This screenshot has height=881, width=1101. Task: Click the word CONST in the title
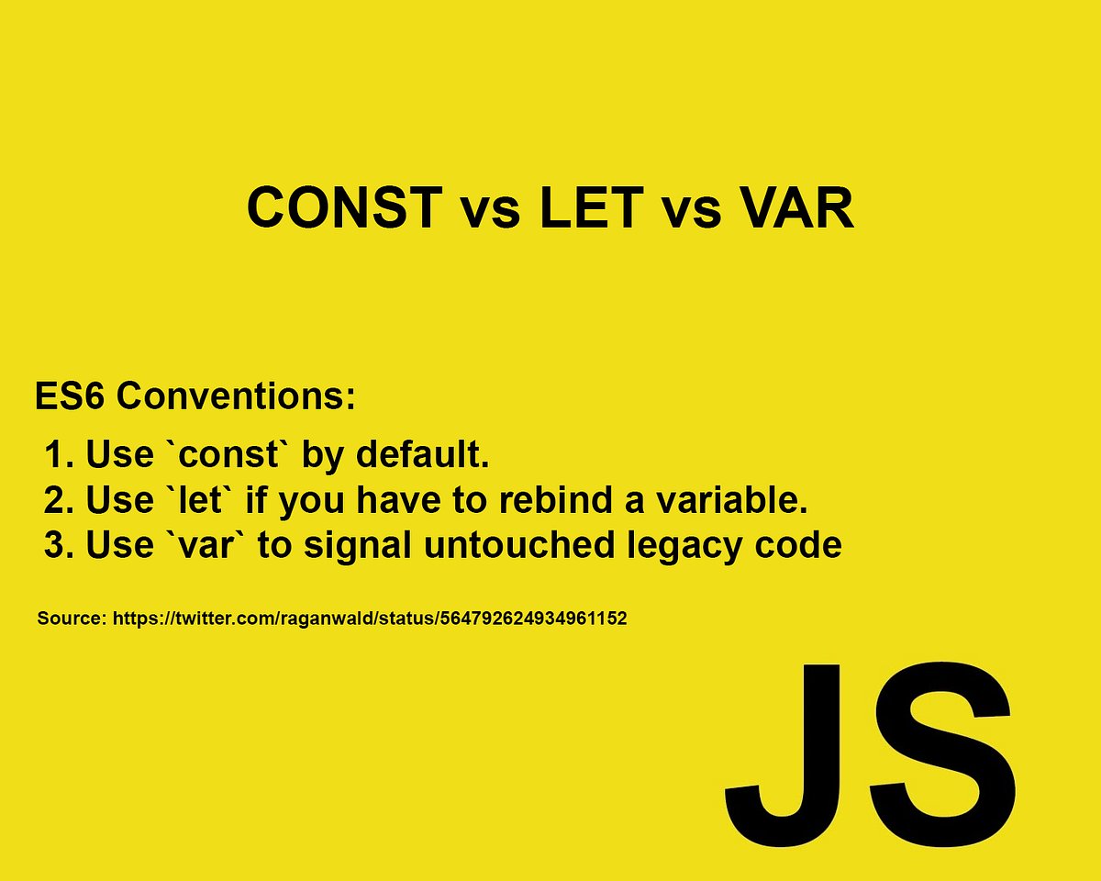point(343,209)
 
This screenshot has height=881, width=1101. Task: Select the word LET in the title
point(591,209)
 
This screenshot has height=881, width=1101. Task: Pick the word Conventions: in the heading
point(236,397)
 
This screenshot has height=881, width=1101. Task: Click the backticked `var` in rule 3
point(221,546)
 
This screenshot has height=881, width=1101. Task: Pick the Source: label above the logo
point(72,619)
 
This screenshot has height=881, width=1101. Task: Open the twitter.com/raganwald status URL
point(370,619)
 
